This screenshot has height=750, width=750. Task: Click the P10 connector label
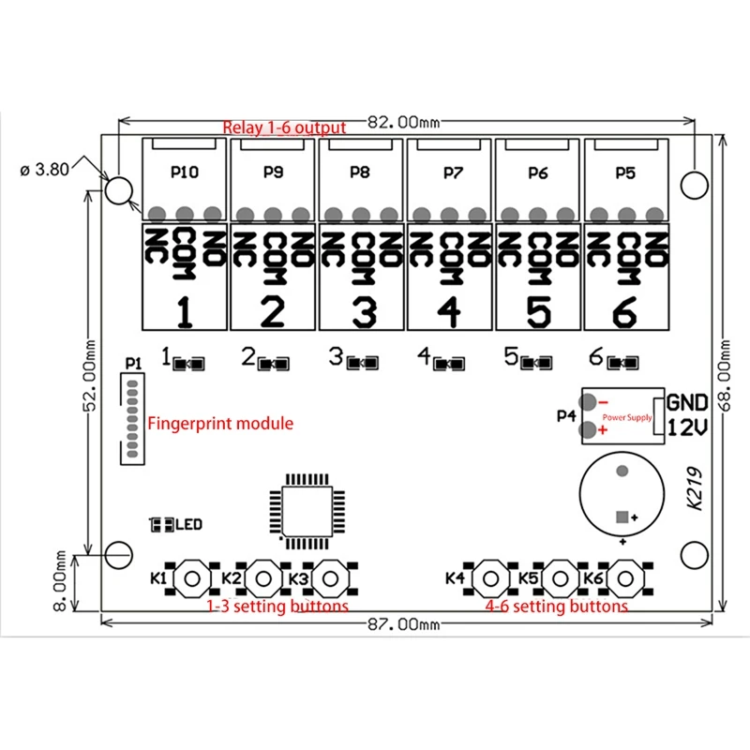coord(184,172)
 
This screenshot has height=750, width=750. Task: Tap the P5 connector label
coord(625,172)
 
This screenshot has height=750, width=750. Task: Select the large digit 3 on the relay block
coord(363,310)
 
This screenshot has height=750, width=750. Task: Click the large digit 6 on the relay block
coord(626,310)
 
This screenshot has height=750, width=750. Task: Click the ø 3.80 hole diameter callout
coord(45,171)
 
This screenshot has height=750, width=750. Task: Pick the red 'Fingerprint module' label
coord(220,424)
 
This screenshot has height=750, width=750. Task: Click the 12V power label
coord(687,427)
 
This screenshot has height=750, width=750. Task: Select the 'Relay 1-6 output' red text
coord(284,127)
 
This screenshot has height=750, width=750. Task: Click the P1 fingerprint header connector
coord(132,417)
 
